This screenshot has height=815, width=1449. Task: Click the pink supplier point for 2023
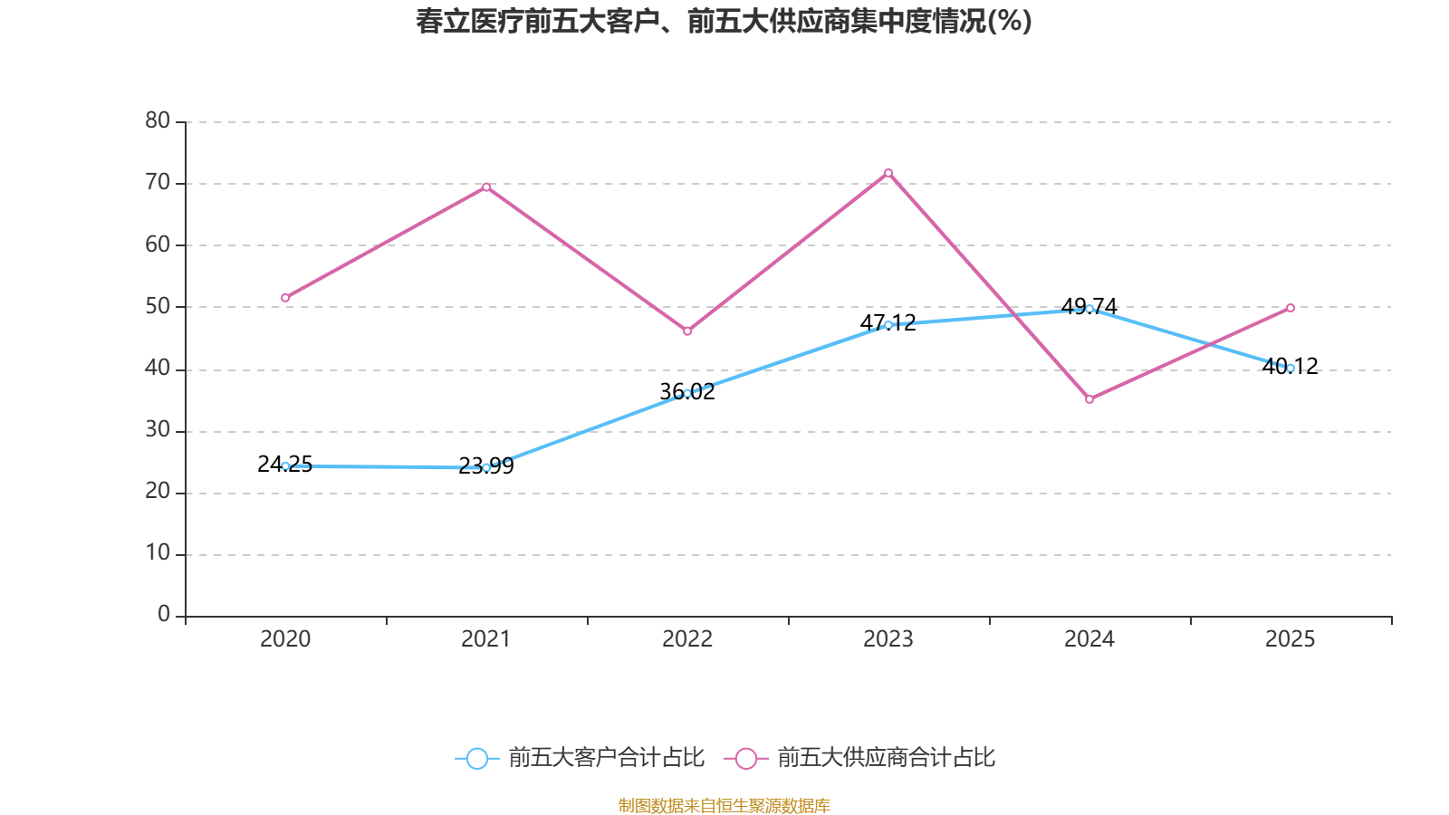(x=888, y=173)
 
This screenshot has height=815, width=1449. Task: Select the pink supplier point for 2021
(x=486, y=187)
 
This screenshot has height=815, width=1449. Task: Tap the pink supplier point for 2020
(x=285, y=298)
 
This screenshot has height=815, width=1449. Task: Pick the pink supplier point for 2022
(x=687, y=331)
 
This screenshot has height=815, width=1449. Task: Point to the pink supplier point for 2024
(x=1089, y=399)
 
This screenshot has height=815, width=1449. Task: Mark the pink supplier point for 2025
(x=1291, y=308)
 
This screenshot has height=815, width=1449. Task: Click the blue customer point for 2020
(x=285, y=466)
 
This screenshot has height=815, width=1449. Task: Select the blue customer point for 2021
(x=486, y=468)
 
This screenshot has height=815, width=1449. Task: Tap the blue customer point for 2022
(x=687, y=393)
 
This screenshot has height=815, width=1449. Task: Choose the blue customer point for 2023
(x=888, y=325)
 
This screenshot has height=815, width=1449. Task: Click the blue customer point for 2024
(x=1089, y=309)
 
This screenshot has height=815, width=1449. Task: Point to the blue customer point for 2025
(x=1291, y=368)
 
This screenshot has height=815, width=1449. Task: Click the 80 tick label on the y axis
(x=158, y=120)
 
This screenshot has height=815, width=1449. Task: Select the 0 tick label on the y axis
(x=164, y=615)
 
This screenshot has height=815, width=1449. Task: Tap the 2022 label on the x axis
(x=687, y=639)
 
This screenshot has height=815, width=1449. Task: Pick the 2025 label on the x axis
(x=1290, y=639)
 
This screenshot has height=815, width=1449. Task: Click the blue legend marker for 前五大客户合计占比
(x=476, y=758)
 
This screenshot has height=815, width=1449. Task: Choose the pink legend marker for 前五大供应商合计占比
(x=745, y=758)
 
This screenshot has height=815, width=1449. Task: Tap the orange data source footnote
(x=724, y=805)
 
